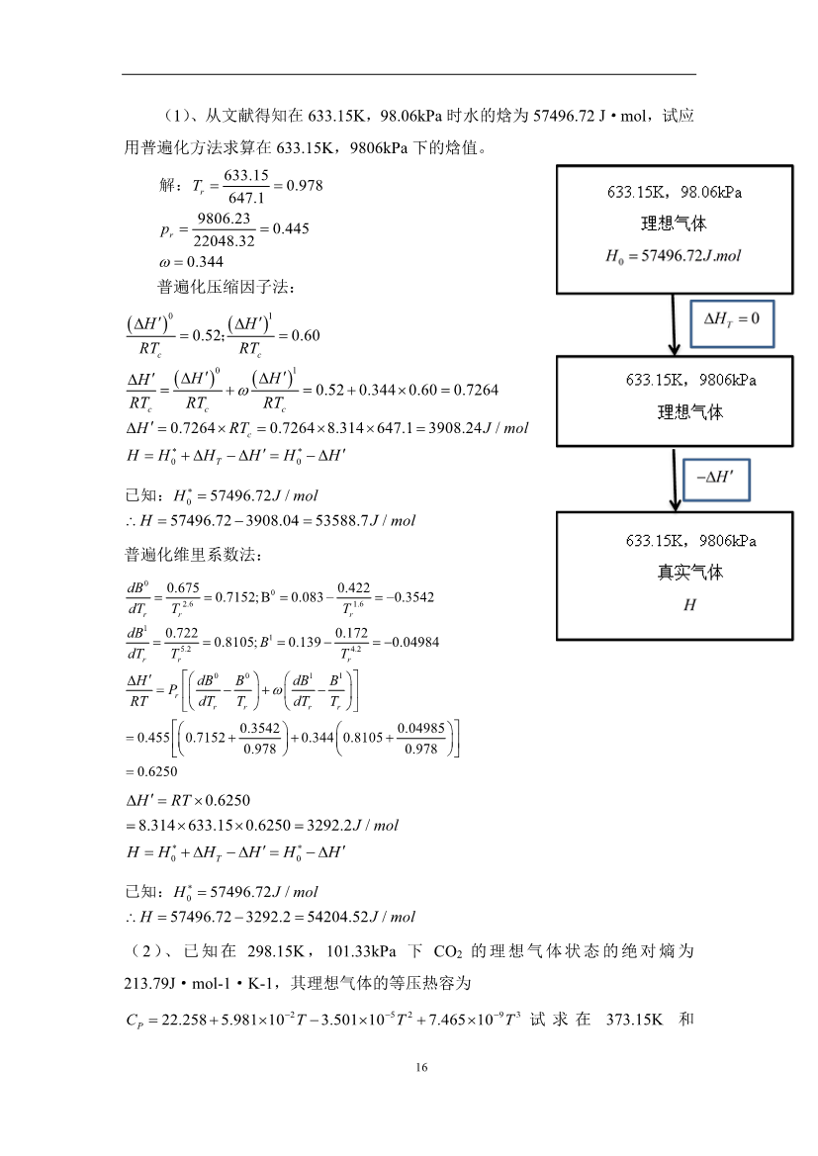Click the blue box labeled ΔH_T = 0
click(x=732, y=320)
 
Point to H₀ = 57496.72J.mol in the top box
click(x=674, y=256)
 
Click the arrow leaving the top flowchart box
click(x=675, y=324)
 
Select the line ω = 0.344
click(x=191, y=262)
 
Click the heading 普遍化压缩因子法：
click(x=227, y=288)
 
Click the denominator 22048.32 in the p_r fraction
click(x=226, y=240)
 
